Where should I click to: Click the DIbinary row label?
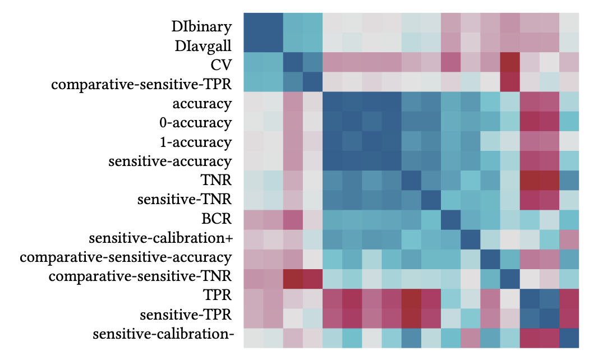pos(201,26)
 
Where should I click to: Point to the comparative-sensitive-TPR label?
pos(141,84)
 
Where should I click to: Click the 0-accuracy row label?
pos(196,123)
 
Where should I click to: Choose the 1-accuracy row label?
pos(196,142)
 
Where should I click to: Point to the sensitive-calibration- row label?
pos(163,335)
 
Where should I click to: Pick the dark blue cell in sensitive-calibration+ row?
pos(470,238)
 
